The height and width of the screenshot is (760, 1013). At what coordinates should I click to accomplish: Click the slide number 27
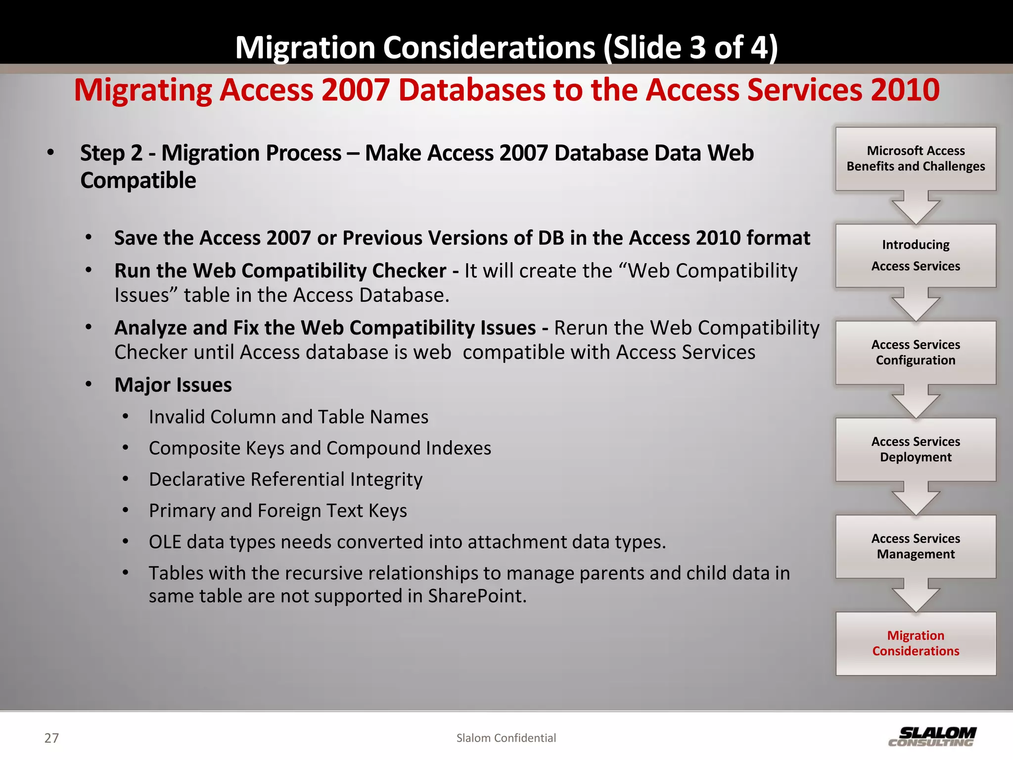51,738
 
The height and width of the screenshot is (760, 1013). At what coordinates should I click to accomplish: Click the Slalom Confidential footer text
506,738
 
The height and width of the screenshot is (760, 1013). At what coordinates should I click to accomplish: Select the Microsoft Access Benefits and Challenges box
916,158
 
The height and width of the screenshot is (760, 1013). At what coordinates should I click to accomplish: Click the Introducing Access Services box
916,255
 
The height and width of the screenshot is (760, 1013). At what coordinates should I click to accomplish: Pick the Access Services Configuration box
916,352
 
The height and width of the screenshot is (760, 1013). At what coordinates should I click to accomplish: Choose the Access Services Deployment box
916,449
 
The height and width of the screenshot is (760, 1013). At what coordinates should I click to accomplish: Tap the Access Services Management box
916,546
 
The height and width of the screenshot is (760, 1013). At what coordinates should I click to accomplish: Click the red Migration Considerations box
916,643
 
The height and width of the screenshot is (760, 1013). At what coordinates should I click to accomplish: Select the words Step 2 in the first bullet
111,153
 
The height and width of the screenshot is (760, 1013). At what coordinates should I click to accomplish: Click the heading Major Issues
173,385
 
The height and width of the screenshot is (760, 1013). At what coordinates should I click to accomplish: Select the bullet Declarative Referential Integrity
285,479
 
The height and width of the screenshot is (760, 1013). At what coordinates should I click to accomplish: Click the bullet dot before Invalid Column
126,417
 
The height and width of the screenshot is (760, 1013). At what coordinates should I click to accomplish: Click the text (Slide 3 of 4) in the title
691,47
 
